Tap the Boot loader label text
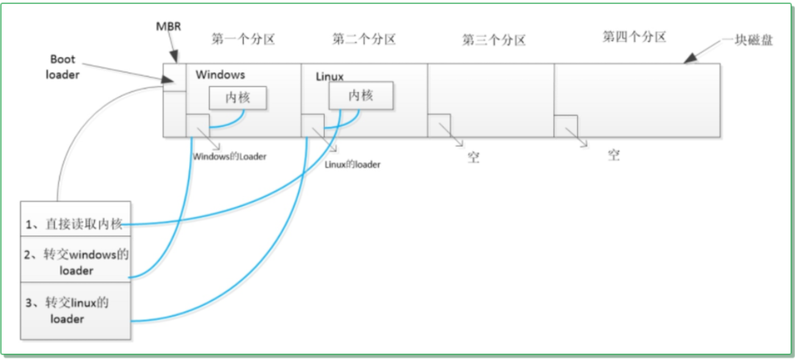tap(63, 67)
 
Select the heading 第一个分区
tap(244, 39)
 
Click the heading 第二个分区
tap(364, 39)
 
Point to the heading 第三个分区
tap(494, 40)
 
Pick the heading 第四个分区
tap(634, 37)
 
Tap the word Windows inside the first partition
tap(221, 74)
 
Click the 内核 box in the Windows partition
tap(239, 97)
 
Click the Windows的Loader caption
tap(230, 157)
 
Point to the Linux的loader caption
tap(353, 164)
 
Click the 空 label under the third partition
tap(473, 158)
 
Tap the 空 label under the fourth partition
tap(613, 155)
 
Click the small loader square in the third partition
tap(439, 126)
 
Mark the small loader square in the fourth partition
tap(565, 126)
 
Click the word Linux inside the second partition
tap(330, 77)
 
